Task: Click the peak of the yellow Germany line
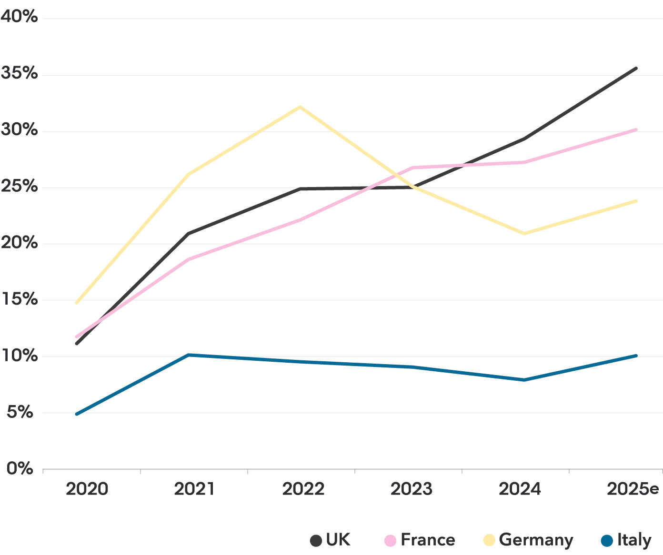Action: [299, 106]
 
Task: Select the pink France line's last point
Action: [637, 129]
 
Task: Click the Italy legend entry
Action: [625, 541]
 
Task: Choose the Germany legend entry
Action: [529, 541]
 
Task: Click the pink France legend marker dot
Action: [390, 541]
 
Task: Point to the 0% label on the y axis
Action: [20, 468]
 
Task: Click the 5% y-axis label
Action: [20, 412]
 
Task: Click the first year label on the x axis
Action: [87, 488]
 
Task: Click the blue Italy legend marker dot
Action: [606, 541]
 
